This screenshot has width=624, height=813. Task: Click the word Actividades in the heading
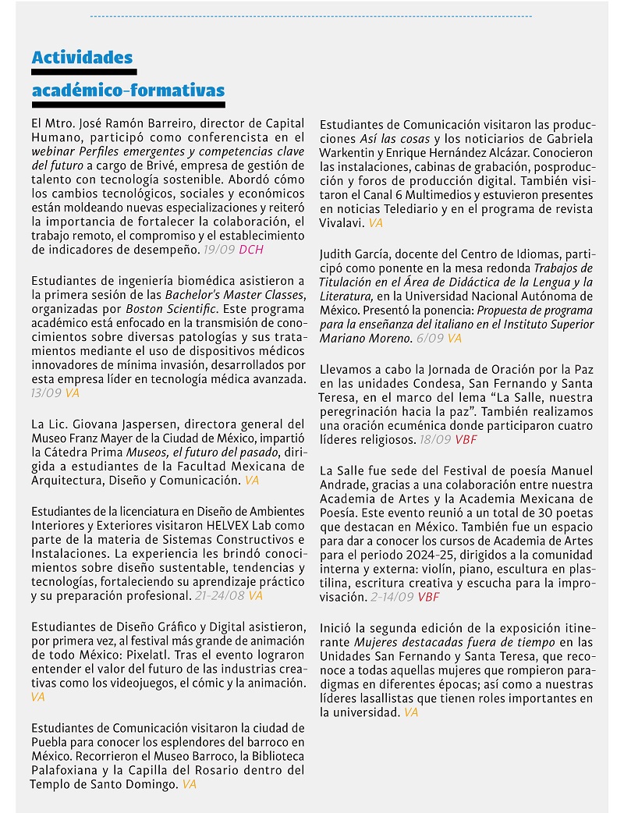[x=82, y=57]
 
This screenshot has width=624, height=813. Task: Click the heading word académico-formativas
[x=128, y=91]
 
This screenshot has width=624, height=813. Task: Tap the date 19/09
[x=218, y=250]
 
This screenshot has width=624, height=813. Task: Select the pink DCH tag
[x=251, y=250]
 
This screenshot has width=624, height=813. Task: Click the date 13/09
[x=46, y=393]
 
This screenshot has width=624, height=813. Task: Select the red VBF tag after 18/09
[x=466, y=440]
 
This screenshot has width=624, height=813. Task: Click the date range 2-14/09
[x=392, y=598]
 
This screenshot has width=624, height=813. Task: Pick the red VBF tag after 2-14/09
[x=428, y=598]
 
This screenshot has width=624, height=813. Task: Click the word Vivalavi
[x=342, y=223]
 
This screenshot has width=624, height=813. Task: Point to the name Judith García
[x=355, y=254]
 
